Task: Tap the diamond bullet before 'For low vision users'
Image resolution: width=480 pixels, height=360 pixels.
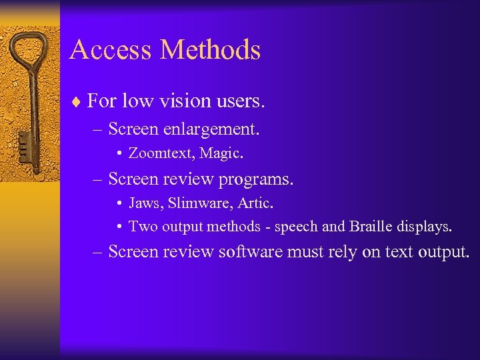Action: click(x=77, y=102)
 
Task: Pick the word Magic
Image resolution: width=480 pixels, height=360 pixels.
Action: click(x=222, y=154)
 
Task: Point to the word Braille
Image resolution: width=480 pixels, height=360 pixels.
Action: click(x=375, y=227)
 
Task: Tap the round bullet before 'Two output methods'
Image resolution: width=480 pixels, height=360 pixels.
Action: click(x=118, y=227)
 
